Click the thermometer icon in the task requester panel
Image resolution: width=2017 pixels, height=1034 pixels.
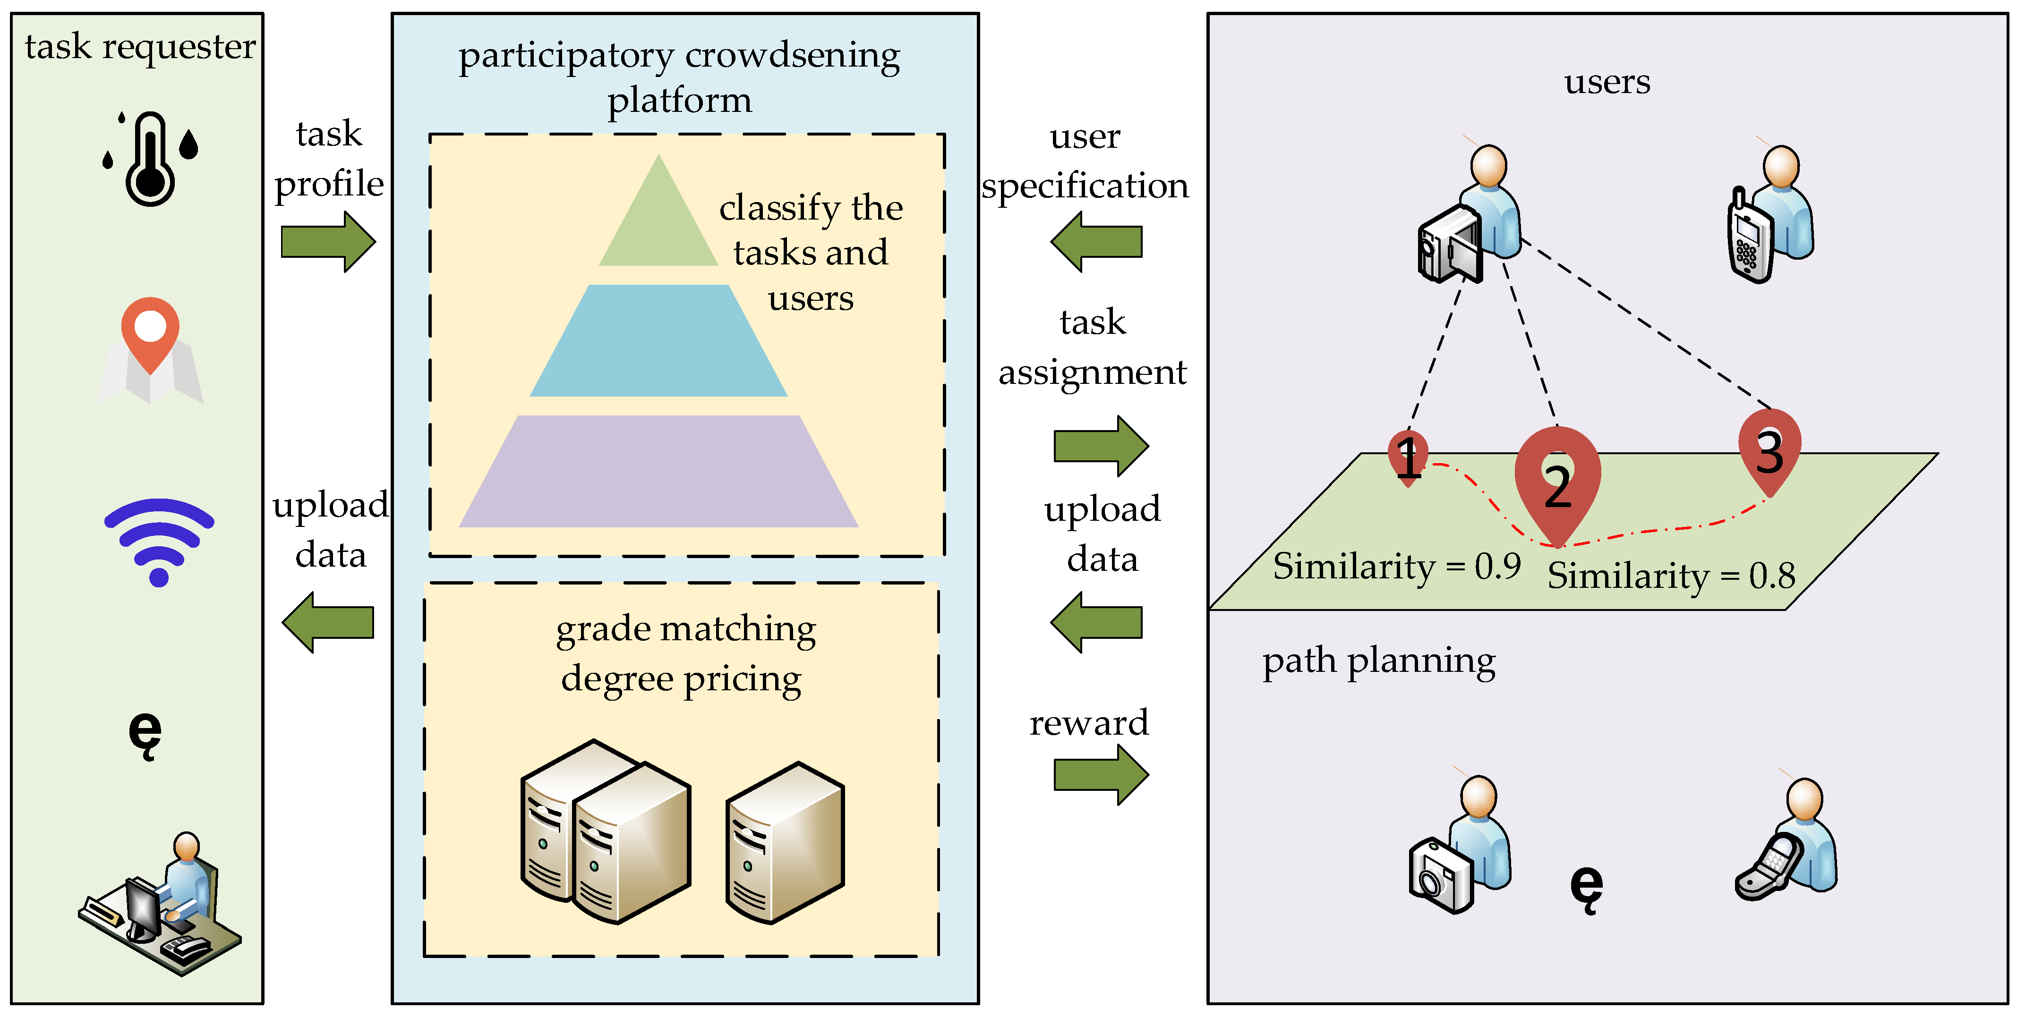pyautogui.click(x=150, y=159)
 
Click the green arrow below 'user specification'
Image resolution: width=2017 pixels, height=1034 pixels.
pyautogui.click(x=1096, y=242)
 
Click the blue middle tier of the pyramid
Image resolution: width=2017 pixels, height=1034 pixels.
pyautogui.click(x=658, y=340)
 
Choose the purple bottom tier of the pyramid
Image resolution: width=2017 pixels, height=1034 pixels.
pyautogui.click(x=658, y=471)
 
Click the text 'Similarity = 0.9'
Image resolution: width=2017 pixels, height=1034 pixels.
pyautogui.click(x=1397, y=567)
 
